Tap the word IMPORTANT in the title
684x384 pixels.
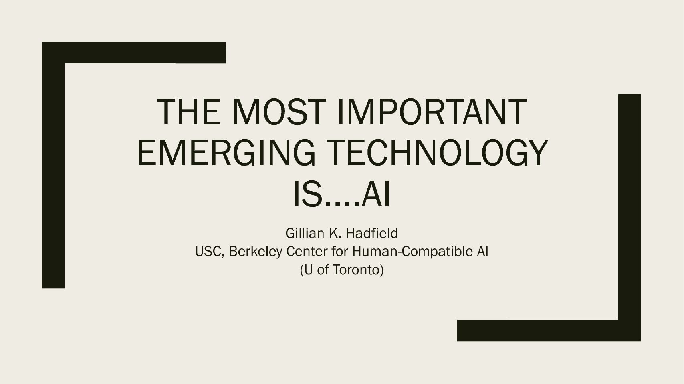point(432,112)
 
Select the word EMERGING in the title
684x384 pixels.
point(226,152)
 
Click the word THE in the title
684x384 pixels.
point(189,112)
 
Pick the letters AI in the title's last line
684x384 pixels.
point(375,194)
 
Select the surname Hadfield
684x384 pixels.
point(372,234)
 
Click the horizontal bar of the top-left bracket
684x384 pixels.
point(134,52)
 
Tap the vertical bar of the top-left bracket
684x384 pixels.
point(53,165)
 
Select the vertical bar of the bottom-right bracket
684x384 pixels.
point(630,218)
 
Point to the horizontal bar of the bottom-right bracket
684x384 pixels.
point(549,330)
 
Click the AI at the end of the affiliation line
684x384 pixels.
point(482,252)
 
